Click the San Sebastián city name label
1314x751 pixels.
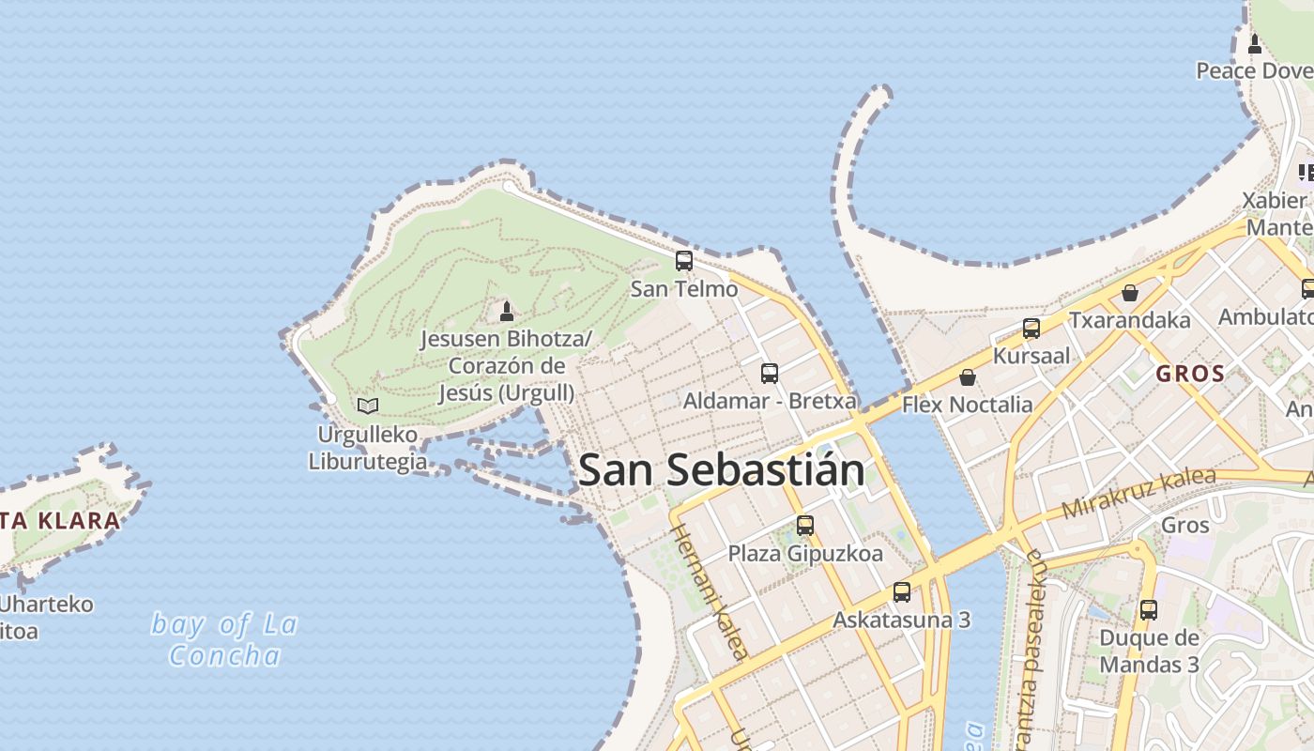coord(721,469)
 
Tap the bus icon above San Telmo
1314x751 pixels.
coord(684,261)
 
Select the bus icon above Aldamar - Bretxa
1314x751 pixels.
coord(770,373)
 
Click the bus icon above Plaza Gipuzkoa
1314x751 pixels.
coord(804,526)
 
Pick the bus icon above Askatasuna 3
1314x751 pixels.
coord(902,592)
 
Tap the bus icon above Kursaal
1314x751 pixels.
coord(1031,329)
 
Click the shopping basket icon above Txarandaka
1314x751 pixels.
coord(1130,293)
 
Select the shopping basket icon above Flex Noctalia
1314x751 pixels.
coord(968,377)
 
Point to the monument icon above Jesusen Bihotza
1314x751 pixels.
coord(507,311)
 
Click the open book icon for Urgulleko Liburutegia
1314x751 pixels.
coord(368,406)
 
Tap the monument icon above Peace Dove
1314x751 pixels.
coord(1255,43)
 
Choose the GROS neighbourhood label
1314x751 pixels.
coord(1190,374)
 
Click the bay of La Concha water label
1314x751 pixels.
coord(224,639)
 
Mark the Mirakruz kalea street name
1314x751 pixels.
coord(1138,494)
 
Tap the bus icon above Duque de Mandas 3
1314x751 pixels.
coord(1149,610)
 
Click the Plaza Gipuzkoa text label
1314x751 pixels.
coord(805,554)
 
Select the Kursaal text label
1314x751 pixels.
coord(1031,356)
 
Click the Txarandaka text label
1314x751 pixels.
coord(1130,320)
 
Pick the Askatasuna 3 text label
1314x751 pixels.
coord(901,621)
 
